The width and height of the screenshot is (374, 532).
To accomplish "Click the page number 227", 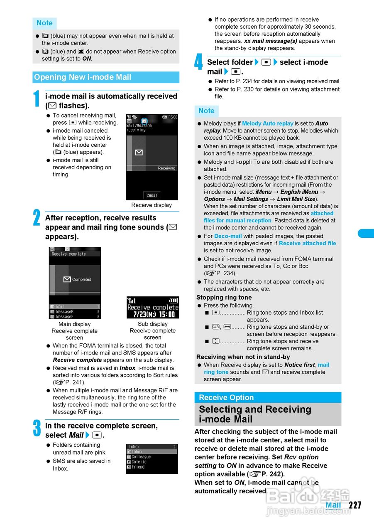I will pyautogui.click(x=355, y=505).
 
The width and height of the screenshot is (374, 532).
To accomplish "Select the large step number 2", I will pyautogui.click(x=37, y=218).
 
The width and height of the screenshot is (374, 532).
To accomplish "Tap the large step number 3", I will pyautogui.click(x=37, y=429).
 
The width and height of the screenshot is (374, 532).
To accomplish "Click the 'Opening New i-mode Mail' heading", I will pyautogui.click(x=83, y=77).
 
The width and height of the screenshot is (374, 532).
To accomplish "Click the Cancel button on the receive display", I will pyautogui.click(x=152, y=195).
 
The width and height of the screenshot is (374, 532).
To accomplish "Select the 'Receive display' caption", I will pyautogui.click(x=152, y=205).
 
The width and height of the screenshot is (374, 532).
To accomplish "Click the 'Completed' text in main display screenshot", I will pyautogui.click(x=81, y=279).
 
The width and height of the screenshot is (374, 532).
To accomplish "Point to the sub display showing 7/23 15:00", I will pyautogui.click(x=152, y=308).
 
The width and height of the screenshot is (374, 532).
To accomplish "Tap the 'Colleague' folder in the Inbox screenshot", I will pyautogui.click(x=141, y=457).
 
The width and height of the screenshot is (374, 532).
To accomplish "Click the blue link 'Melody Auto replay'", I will pyautogui.click(x=268, y=123).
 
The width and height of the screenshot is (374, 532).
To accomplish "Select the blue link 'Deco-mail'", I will pyautogui.click(x=228, y=236).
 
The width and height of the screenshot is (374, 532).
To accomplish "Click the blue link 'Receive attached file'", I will pyautogui.click(x=307, y=243).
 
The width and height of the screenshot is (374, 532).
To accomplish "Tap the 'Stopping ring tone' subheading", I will pyautogui.click(x=224, y=298).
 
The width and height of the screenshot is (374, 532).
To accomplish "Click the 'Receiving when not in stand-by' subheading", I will pyautogui.click(x=243, y=357).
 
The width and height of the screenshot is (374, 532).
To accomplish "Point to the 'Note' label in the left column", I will pyautogui.click(x=44, y=23).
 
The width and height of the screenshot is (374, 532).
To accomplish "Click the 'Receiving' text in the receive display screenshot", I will pyautogui.click(x=166, y=168).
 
